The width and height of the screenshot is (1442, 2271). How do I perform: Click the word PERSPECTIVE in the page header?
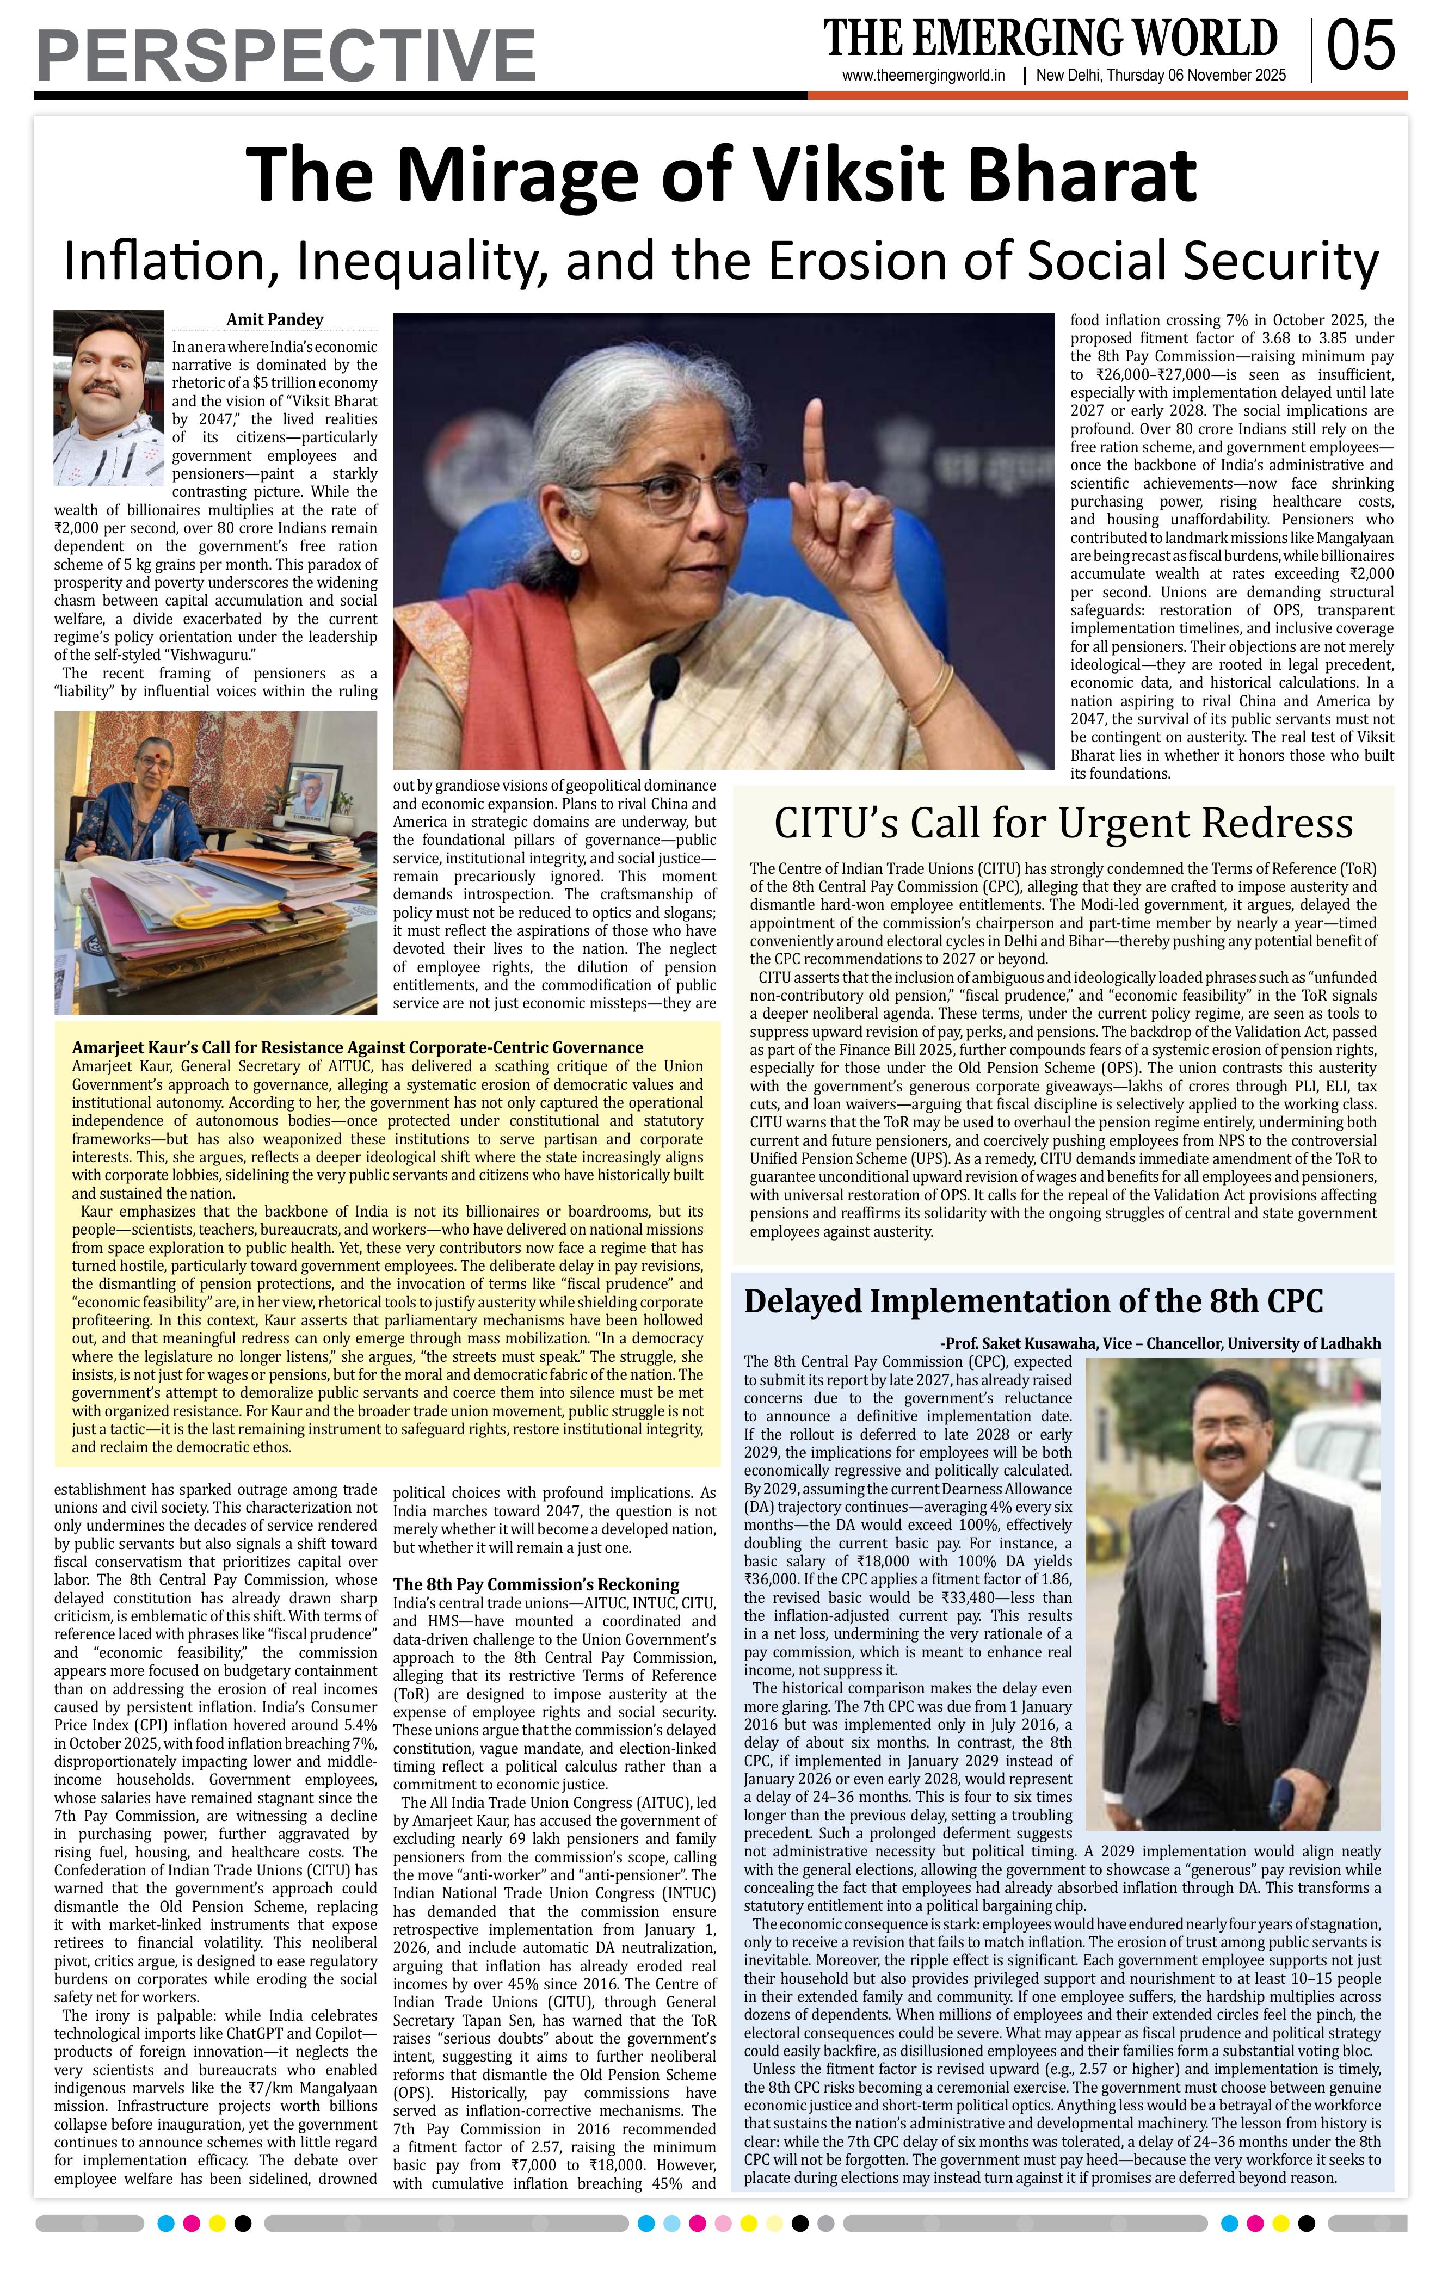(286, 55)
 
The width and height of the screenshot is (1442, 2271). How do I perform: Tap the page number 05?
(1360, 47)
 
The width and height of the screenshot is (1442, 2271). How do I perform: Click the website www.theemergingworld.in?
(923, 76)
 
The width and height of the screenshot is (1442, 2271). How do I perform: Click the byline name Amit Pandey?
(274, 320)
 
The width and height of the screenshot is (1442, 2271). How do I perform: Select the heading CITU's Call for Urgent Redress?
(1063, 823)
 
